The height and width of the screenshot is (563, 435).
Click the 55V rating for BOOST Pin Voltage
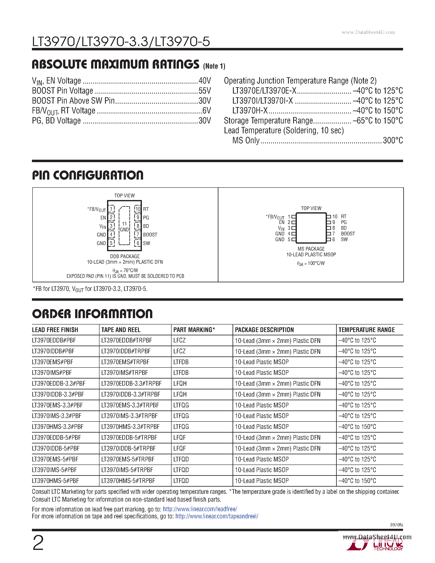[x=205, y=91]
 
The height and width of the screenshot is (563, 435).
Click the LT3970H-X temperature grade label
[x=250, y=111]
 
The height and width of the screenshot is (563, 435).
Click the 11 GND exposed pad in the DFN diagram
[x=124, y=227]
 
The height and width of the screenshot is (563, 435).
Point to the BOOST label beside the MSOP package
[x=348, y=234]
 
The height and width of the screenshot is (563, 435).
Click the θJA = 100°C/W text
[x=311, y=263]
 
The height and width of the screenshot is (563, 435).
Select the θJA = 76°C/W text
[x=125, y=270]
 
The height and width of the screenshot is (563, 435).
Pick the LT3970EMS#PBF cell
[x=53, y=362]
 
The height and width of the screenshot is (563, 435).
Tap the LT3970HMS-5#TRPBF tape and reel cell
[x=128, y=481]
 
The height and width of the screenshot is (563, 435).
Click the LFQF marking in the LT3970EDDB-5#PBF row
[x=180, y=438]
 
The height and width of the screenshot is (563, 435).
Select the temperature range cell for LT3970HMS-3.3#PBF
[x=357, y=427]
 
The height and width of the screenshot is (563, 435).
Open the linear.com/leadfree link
[x=200, y=509]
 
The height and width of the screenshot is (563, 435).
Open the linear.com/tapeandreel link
[x=217, y=516]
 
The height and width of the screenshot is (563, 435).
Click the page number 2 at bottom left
[x=38, y=543]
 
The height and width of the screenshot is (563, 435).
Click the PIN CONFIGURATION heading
[x=88, y=175]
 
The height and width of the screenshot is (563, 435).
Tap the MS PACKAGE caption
[x=311, y=249]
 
